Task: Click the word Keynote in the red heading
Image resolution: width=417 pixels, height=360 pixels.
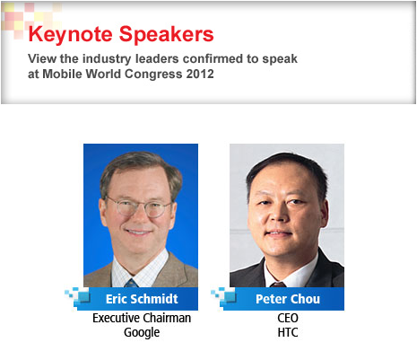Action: pyautogui.click(x=71, y=35)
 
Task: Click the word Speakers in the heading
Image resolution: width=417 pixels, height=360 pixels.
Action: pyautogui.click(x=167, y=35)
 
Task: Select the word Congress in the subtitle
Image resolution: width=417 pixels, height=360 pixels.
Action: pyautogui.click(x=153, y=75)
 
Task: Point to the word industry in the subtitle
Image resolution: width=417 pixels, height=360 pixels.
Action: pyautogui.click(x=107, y=59)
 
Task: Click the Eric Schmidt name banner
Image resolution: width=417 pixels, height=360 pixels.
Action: pyautogui.click(x=137, y=299)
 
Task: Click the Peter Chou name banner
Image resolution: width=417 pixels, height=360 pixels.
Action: pyautogui.click(x=283, y=299)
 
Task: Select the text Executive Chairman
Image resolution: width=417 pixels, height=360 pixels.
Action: pyautogui.click(x=142, y=318)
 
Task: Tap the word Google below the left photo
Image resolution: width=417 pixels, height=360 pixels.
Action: pyautogui.click(x=142, y=333)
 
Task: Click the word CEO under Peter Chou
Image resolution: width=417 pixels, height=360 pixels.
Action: pyautogui.click(x=288, y=318)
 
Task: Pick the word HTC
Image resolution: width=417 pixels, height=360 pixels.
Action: pyautogui.click(x=288, y=332)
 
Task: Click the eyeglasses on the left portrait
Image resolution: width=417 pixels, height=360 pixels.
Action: pyautogui.click(x=139, y=207)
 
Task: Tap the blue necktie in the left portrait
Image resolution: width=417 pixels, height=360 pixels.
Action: pyautogui.click(x=131, y=283)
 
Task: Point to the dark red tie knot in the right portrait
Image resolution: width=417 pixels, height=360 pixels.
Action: pyautogui.click(x=278, y=285)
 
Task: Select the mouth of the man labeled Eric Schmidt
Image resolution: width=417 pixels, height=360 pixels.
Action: pyautogui.click(x=138, y=232)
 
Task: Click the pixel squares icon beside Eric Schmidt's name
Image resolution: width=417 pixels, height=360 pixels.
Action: pyautogui.click(x=77, y=296)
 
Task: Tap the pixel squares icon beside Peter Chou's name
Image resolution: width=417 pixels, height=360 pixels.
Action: pyautogui.click(x=223, y=296)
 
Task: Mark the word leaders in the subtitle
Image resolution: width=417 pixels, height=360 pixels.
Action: pyautogui.click(x=157, y=58)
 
